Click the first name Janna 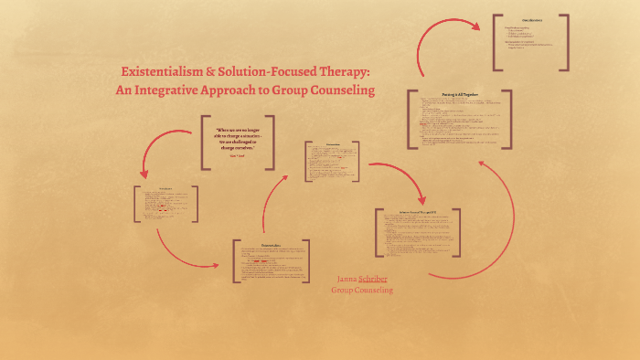click(x=347, y=278)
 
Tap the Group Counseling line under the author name click(x=362, y=290)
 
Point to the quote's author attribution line click(x=238, y=157)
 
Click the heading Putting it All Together click(x=459, y=94)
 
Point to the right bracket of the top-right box click(x=566, y=42)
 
